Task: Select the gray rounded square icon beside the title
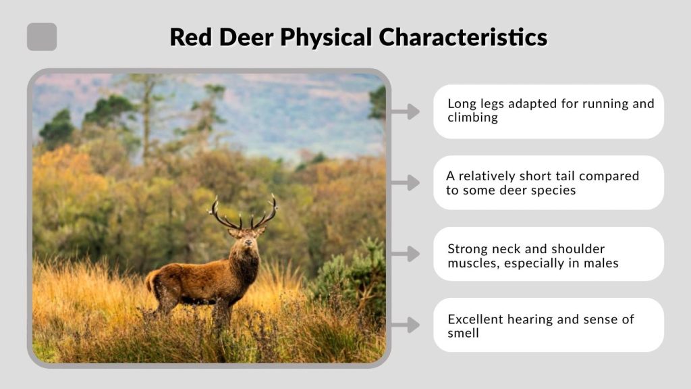[42, 37]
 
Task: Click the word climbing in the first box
[472, 118]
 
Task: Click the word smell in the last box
[464, 334]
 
